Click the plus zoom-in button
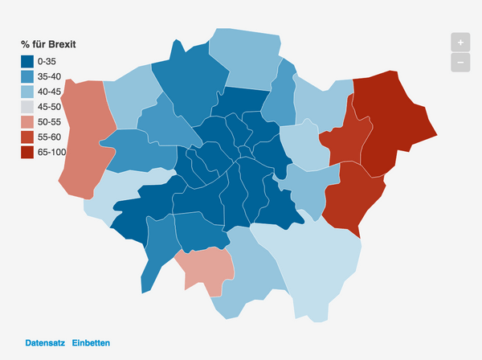[460, 42]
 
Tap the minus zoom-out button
[460, 62]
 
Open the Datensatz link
[44, 343]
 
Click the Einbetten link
[91, 343]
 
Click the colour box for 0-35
[27, 62]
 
